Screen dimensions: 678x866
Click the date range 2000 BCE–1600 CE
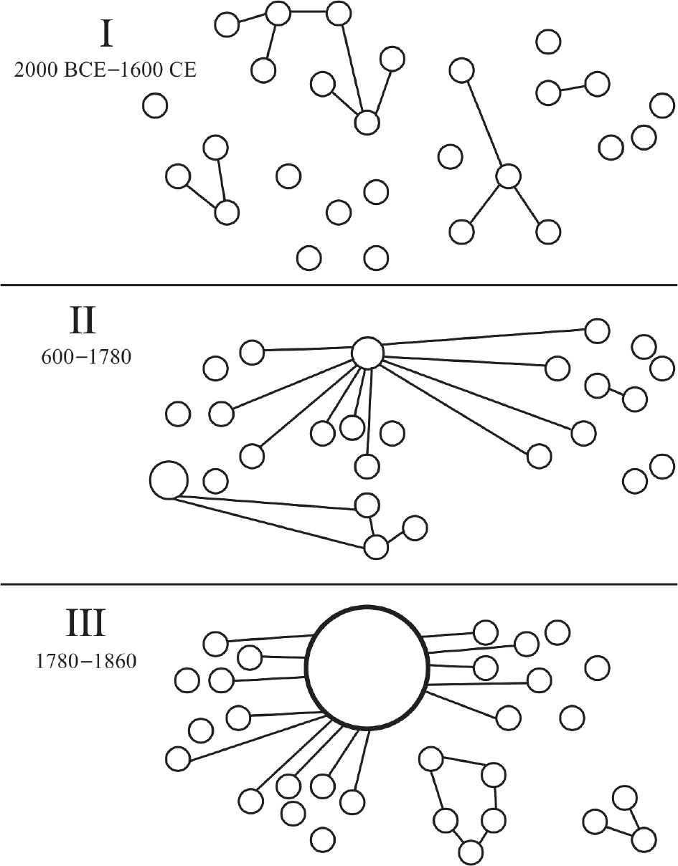point(105,70)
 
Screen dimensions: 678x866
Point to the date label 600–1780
point(86,357)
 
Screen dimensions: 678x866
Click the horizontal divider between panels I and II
point(339,285)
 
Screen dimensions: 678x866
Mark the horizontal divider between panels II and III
point(339,585)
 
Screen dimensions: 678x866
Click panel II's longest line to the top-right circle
point(484,337)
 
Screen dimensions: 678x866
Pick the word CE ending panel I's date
point(185,70)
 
